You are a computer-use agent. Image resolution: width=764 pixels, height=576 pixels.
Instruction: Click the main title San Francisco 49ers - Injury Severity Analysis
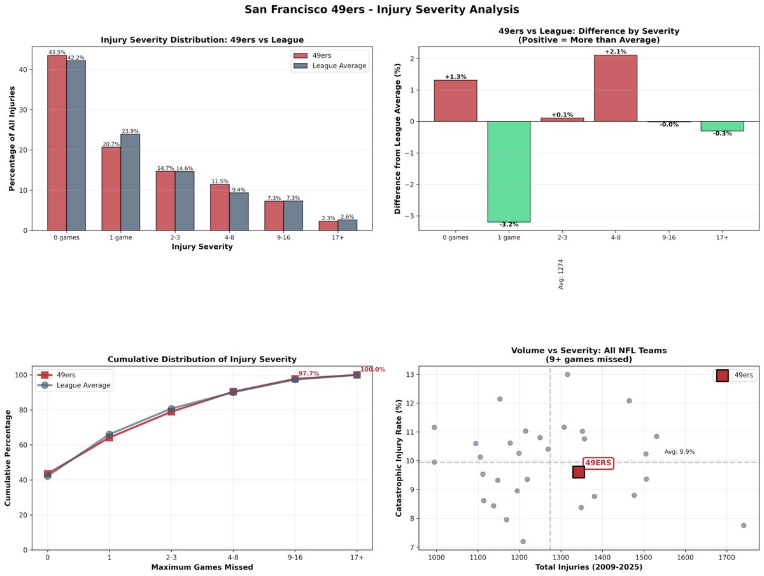tap(382, 10)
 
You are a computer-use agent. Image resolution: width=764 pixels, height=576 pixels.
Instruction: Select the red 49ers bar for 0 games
tap(57, 143)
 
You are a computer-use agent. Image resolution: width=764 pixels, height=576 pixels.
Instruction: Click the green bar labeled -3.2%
tap(509, 171)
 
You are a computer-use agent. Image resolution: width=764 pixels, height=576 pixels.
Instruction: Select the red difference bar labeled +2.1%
tap(615, 88)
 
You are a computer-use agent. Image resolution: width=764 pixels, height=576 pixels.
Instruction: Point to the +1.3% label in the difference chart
tap(455, 77)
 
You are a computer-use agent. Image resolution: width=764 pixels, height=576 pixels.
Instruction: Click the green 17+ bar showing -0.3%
tap(722, 126)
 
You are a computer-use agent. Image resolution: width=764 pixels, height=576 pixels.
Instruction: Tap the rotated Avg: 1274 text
tap(561, 274)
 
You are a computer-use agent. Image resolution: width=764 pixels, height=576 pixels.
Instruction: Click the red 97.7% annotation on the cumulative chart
tap(309, 374)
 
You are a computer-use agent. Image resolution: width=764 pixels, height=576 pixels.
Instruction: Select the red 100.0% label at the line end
tap(372, 370)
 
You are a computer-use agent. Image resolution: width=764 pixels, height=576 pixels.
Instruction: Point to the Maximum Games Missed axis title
tap(201, 567)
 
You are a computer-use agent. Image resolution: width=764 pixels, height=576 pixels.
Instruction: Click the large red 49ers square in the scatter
tap(578, 472)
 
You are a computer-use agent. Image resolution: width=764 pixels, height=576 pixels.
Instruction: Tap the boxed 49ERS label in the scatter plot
tap(598, 463)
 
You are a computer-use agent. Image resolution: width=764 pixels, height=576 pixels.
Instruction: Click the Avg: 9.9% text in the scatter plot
tap(679, 452)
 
